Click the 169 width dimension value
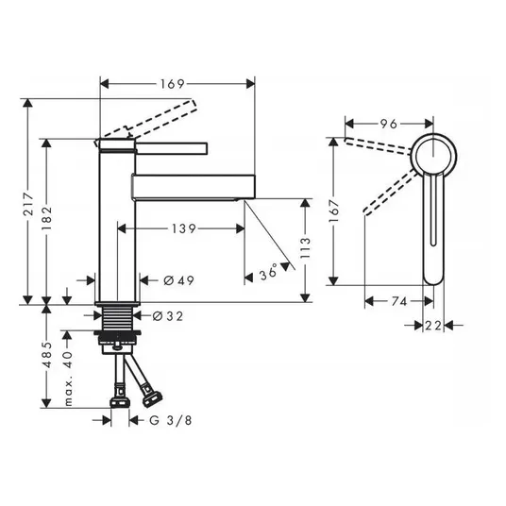pyautogui.click(x=173, y=84)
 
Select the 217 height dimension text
pyautogui.click(x=29, y=204)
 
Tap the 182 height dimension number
pyautogui.click(x=47, y=218)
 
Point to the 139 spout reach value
pyautogui.click(x=184, y=228)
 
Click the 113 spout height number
pyautogui.click(x=305, y=247)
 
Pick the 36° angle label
pyautogui.click(x=268, y=272)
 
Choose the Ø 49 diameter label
pyautogui.click(x=178, y=280)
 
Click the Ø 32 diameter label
pyautogui.click(x=168, y=316)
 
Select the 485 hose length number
pyautogui.click(x=47, y=355)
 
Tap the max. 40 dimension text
pyautogui.click(x=68, y=379)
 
